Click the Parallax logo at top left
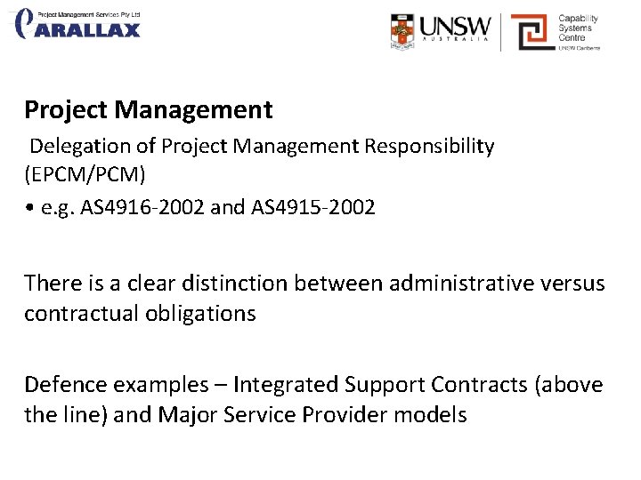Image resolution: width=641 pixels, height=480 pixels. [x=78, y=24]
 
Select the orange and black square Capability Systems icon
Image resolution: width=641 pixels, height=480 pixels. [x=531, y=32]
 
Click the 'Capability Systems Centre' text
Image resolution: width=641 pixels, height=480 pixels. [x=579, y=28]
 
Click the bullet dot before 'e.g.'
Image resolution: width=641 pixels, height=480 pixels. [x=30, y=208]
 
